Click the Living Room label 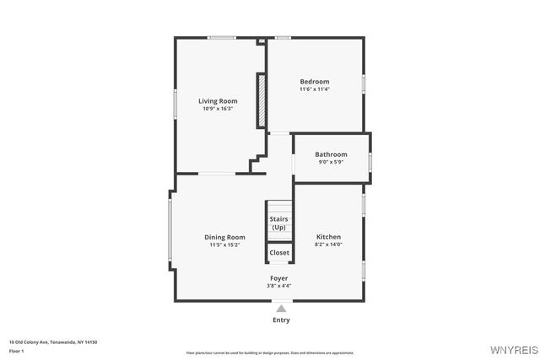point(218,101)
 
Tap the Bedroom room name point(314,82)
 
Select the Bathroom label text point(331,154)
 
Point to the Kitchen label point(328,237)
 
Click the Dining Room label point(224,238)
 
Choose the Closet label point(279,253)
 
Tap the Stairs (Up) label point(278,223)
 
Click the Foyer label point(278,278)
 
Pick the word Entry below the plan point(281,320)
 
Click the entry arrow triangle point(281,309)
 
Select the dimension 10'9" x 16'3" point(218,109)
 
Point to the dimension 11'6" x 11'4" point(314,89)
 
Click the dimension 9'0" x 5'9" point(331,162)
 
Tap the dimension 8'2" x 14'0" point(328,244)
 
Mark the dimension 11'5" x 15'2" point(224,245)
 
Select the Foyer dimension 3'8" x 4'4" point(278,286)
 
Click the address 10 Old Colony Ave point(53,341)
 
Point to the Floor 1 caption point(17,350)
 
